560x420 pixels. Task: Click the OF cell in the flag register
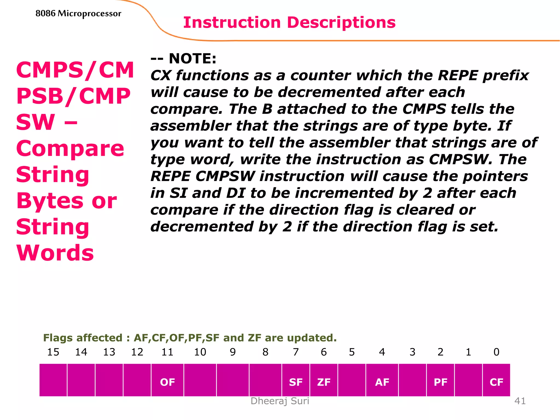(167, 382)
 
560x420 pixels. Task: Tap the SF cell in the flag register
(296, 382)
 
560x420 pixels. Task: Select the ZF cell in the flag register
(324, 382)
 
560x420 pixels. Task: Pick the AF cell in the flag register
(382, 382)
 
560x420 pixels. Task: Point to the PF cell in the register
(441, 382)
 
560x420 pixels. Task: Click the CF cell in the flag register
(496, 382)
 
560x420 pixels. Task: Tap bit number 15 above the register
(53, 352)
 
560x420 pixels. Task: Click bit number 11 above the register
(167, 352)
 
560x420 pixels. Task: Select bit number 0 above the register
(496, 352)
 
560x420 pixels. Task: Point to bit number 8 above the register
(265, 352)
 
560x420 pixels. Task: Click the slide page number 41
(520, 401)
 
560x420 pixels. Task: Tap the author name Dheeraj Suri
(280, 401)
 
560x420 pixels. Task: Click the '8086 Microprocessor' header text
(78, 13)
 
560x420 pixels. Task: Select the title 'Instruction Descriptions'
(289, 22)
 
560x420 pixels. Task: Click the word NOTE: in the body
(192, 59)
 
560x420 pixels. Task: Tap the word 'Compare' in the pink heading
(70, 148)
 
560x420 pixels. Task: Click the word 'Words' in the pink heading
(55, 253)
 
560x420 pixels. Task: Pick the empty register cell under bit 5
(352, 380)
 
